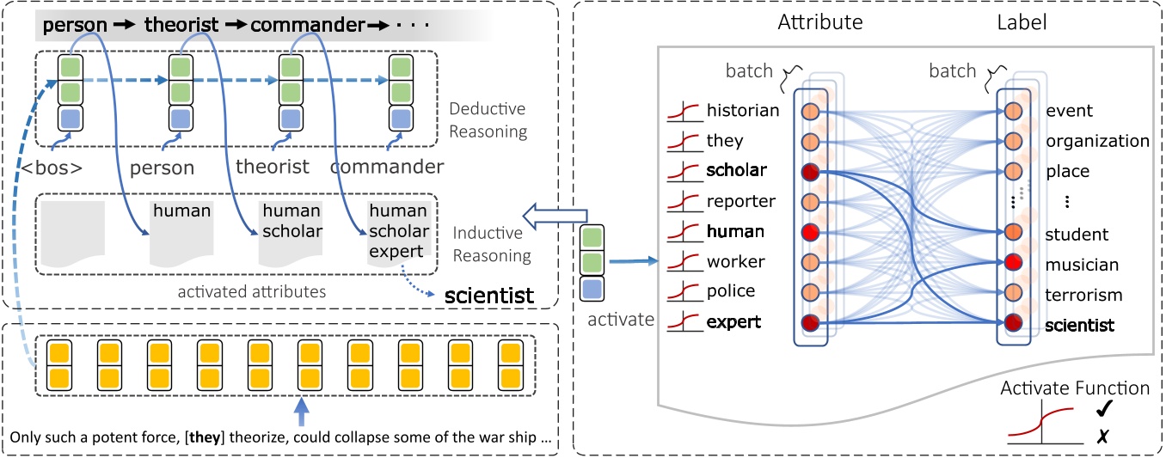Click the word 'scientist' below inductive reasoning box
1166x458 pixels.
(x=488, y=296)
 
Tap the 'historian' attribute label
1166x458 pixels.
(x=743, y=110)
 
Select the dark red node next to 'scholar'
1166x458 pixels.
(x=810, y=172)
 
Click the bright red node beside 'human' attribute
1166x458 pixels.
(x=810, y=232)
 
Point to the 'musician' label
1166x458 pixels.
(x=1082, y=265)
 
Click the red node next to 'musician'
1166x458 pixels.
(x=1013, y=262)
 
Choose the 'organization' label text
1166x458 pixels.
(x=1097, y=141)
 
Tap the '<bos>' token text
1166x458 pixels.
(x=52, y=168)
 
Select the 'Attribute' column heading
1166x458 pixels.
(x=819, y=22)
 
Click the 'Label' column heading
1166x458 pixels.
(x=1022, y=22)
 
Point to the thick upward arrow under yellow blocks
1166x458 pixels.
(x=302, y=412)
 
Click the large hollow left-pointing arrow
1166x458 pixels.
(x=555, y=216)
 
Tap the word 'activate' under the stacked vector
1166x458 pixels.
(x=621, y=319)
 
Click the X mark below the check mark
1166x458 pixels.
(x=1102, y=437)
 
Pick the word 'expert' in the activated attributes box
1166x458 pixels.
(x=396, y=252)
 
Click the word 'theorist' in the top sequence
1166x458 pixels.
(x=181, y=24)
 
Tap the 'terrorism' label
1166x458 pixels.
(x=1083, y=295)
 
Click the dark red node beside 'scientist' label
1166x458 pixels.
(x=1013, y=323)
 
